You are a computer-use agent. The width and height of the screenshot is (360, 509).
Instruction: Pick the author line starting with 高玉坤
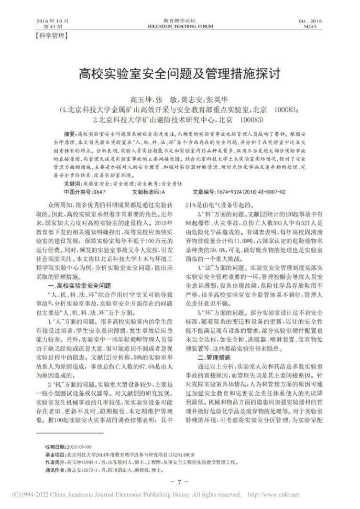180,100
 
